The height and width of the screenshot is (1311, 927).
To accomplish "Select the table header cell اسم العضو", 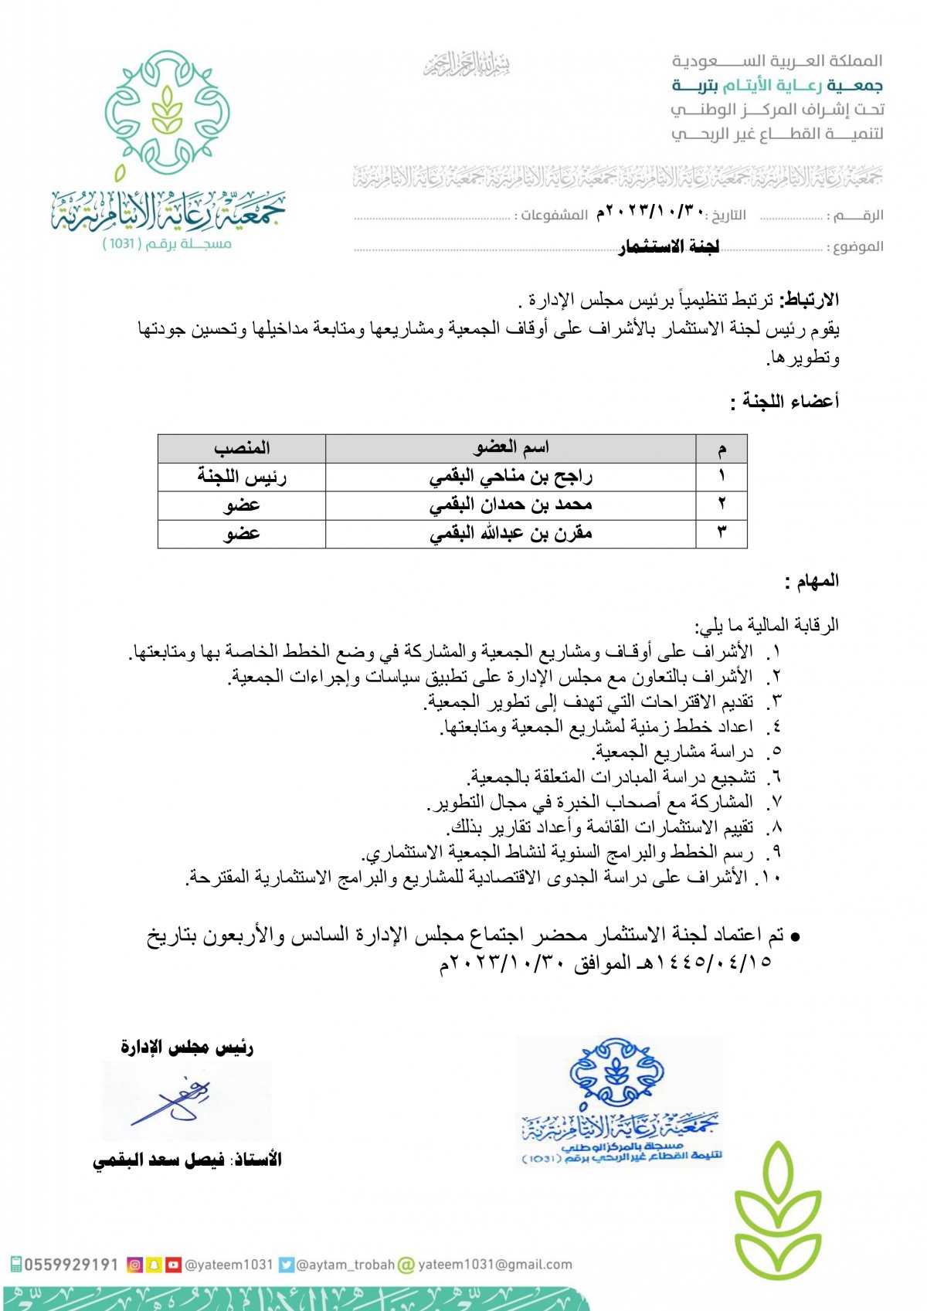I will tap(511, 447).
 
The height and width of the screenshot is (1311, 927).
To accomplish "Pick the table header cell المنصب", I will tap(242, 448).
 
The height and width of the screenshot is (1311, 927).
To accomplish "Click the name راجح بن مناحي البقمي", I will tap(511, 477).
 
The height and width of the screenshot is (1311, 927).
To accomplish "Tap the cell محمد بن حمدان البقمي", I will tap(511, 505).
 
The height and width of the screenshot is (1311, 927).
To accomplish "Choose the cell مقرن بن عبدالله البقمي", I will tap(511, 534).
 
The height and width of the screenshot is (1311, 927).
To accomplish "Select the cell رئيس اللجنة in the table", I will tap(242, 477).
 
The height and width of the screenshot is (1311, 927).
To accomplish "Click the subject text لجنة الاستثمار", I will tap(669, 246).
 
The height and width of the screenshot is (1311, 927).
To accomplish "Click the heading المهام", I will tap(811, 581).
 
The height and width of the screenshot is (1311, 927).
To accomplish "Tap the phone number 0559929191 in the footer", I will tap(71, 1265).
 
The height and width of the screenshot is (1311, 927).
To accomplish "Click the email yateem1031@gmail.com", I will tap(494, 1265).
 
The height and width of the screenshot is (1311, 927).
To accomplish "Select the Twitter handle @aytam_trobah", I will tap(345, 1265).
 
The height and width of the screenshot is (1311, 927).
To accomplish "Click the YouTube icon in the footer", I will tap(173, 1265).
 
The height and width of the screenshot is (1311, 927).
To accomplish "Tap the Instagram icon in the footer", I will tap(134, 1265).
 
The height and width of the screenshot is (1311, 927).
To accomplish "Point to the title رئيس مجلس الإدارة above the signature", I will tap(187, 1048).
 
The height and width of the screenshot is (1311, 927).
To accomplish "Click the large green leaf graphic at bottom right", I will tap(776, 1209).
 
